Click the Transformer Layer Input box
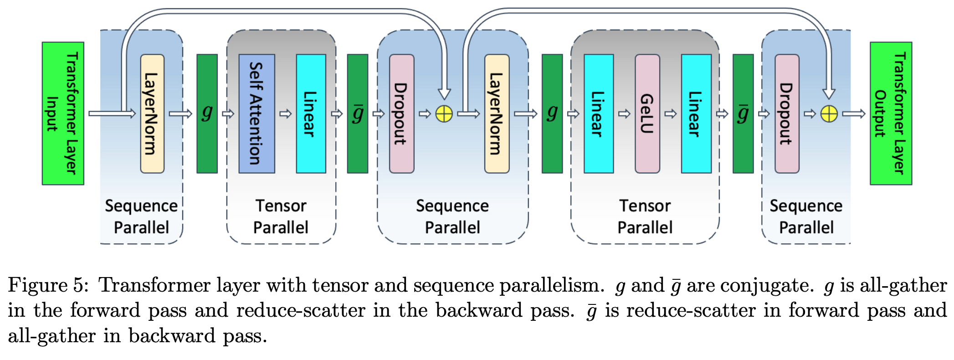(x=63, y=113)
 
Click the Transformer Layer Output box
(x=891, y=113)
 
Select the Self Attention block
(x=256, y=113)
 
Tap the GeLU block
(x=647, y=113)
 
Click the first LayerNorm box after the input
(x=152, y=113)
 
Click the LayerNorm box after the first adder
(x=497, y=113)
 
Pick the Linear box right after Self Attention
(x=311, y=113)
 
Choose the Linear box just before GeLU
(x=598, y=113)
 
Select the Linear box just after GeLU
(x=696, y=113)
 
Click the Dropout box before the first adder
(x=401, y=113)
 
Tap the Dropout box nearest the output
(x=787, y=113)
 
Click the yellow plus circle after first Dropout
(x=444, y=114)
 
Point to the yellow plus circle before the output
(x=829, y=114)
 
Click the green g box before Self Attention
(x=207, y=113)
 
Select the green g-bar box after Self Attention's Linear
(x=357, y=113)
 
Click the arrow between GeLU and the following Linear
(x=671, y=113)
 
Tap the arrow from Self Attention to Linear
(x=286, y=113)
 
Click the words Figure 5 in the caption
(x=46, y=286)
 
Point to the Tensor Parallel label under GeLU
(x=645, y=216)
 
